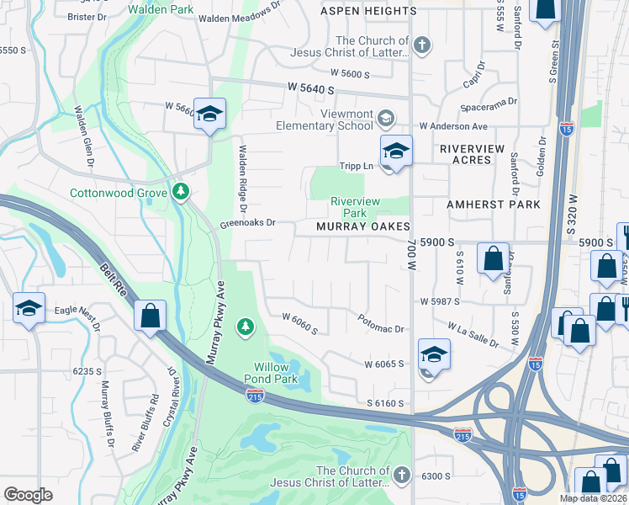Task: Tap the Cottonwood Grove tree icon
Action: click(x=180, y=193)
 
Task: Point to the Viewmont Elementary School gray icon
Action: click(x=386, y=117)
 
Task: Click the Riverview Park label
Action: click(x=355, y=207)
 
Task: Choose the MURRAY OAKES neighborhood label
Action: click(x=362, y=226)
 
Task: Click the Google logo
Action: click(x=28, y=494)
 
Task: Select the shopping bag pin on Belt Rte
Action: click(x=150, y=316)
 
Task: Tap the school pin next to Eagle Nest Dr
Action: click(x=29, y=308)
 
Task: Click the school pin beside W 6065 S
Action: click(x=434, y=355)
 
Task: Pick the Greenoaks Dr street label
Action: click(x=248, y=225)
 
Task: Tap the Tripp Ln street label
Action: click(x=356, y=166)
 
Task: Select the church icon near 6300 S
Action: click(x=402, y=476)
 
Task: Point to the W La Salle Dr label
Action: click(x=478, y=332)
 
